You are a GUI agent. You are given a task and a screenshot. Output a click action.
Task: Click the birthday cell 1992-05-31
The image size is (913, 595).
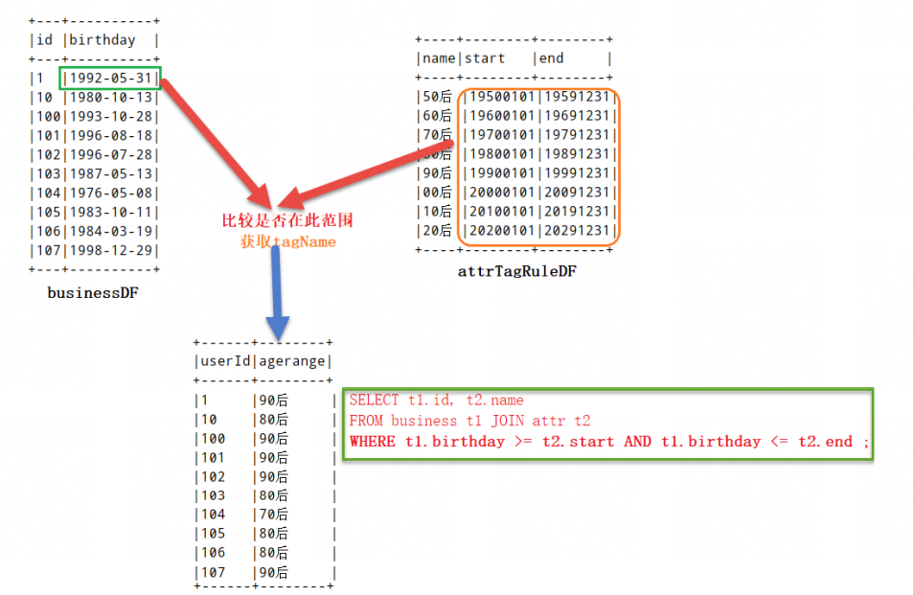pyautogui.click(x=111, y=79)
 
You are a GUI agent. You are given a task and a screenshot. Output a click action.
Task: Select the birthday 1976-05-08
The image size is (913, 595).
pyautogui.click(x=111, y=193)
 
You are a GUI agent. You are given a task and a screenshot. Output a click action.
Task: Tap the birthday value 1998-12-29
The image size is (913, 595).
pyautogui.click(x=111, y=250)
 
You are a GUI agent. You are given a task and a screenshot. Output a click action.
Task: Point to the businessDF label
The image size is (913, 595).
pyautogui.click(x=92, y=293)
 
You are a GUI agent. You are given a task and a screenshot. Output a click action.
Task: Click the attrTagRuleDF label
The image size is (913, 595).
pyautogui.click(x=517, y=271)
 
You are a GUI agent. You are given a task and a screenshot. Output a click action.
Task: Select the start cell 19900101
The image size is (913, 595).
pyautogui.click(x=499, y=173)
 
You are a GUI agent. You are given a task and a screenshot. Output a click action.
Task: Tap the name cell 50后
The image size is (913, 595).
pyautogui.click(x=436, y=97)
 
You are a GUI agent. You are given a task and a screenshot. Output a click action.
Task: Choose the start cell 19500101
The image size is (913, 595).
pyautogui.click(x=499, y=97)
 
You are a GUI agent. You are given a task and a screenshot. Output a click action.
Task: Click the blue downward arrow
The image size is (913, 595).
pyautogui.click(x=277, y=286)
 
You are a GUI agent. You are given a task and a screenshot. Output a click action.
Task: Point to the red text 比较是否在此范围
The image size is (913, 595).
pyautogui.click(x=287, y=220)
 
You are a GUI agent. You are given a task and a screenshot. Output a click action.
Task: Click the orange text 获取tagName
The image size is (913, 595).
pyautogui.click(x=287, y=242)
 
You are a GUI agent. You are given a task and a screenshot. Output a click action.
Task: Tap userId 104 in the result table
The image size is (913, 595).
pyautogui.click(x=213, y=515)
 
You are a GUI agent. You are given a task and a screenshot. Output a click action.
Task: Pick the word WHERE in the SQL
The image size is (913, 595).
pyautogui.click(x=372, y=442)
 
